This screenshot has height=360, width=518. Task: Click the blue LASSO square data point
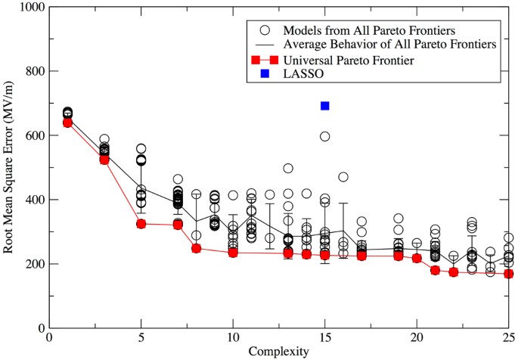(324, 106)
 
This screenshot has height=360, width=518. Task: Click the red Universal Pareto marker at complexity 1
(67, 123)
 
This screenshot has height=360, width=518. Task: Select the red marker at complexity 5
(141, 224)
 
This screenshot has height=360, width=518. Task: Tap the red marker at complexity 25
(509, 274)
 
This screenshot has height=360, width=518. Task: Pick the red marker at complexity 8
(196, 248)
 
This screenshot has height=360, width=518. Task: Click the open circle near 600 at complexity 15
(324, 136)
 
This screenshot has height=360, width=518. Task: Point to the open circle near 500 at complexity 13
(288, 168)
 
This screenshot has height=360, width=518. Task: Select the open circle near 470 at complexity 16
(343, 177)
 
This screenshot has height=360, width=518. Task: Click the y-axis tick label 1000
(30, 8)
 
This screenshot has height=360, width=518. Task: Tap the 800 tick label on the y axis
(33, 72)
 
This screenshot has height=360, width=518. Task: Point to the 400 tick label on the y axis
(33, 200)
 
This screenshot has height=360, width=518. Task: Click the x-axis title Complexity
(279, 352)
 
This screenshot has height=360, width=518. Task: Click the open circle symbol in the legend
(264, 31)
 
